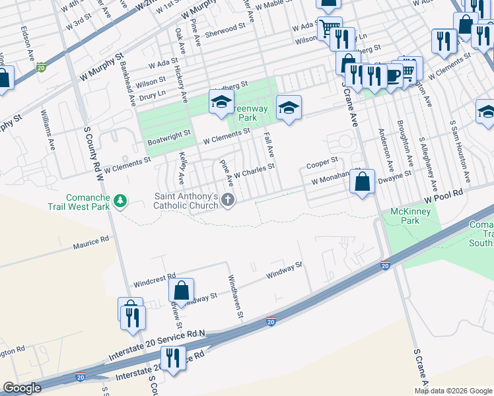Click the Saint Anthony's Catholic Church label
click(186, 201)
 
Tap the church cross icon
click(228, 200)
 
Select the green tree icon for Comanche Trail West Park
click(120, 200)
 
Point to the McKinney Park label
click(406, 216)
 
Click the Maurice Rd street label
click(90, 242)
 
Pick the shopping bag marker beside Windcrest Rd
click(181, 291)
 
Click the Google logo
click(22, 387)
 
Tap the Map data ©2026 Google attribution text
click(454, 391)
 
